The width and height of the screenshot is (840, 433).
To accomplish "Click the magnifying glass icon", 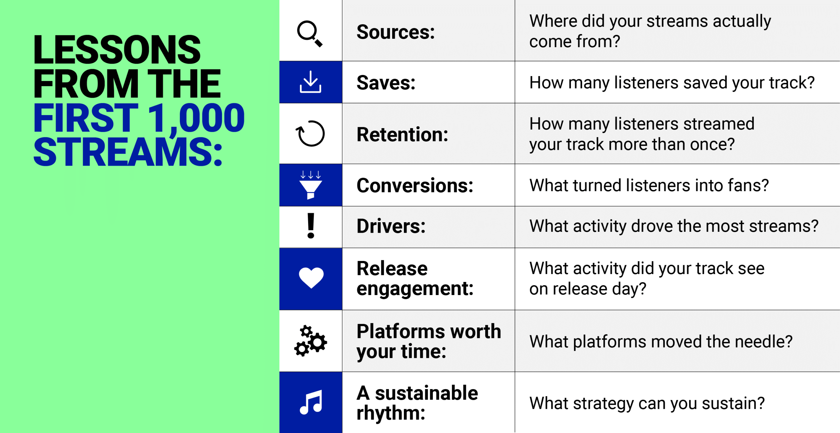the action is coord(309,34).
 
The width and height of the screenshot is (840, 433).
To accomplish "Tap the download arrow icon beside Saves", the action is coord(310,82).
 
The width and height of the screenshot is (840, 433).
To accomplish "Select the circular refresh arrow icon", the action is coord(310,133).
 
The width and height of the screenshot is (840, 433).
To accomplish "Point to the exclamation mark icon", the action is coord(311,226).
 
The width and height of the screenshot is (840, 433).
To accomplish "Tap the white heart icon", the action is coord(311,278).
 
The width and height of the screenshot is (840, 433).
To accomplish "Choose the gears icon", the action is coord(310,341).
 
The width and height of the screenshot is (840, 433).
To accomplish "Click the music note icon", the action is coord(311,402).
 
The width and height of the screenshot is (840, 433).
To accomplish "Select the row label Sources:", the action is coord(396,32).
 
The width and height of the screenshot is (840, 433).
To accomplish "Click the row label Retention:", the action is coord(403,134).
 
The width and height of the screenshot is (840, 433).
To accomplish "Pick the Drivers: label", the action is coord(391,226).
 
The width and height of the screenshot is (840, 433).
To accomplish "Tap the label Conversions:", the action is coord(415,186).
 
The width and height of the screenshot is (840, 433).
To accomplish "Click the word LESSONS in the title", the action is coord(117,49).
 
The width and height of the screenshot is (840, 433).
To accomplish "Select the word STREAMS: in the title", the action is coord(128,152).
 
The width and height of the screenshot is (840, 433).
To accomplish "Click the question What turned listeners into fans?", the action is coord(649,186).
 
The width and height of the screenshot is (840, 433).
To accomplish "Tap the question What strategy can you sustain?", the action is coord(647,403).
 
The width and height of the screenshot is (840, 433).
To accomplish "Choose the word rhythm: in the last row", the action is coord(391,413).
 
